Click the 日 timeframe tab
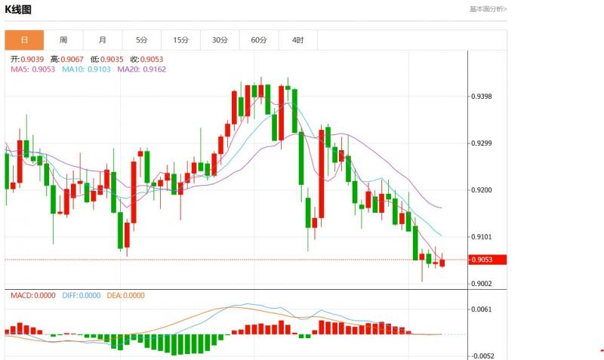(x=24, y=40)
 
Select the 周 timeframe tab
(x=63, y=40)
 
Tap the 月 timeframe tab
(x=103, y=40)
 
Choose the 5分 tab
(x=142, y=40)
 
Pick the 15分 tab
(x=181, y=40)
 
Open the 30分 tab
(x=220, y=40)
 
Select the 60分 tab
(x=259, y=40)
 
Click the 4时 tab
(x=297, y=40)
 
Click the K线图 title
(x=19, y=9)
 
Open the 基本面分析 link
(x=488, y=9)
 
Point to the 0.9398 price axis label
(x=482, y=97)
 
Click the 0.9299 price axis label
(x=482, y=143)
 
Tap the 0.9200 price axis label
(x=482, y=190)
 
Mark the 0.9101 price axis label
(x=482, y=237)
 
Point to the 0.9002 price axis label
(x=482, y=284)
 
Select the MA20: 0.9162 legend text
(x=142, y=69)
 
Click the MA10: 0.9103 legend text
(x=86, y=69)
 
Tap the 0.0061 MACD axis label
(x=482, y=309)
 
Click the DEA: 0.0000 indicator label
(x=125, y=296)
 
